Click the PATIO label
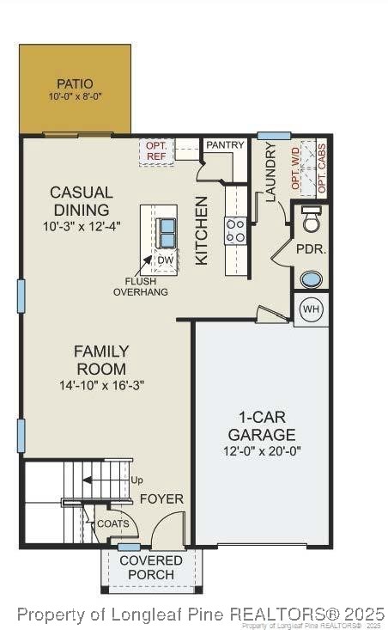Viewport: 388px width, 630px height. click(x=75, y=84)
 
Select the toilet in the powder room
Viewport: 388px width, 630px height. click(x=311, y=220)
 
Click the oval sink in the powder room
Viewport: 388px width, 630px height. click(x=311, y=278)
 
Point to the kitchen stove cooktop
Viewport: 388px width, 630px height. click(x=235, y=229)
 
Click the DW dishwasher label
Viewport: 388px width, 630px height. click(x=165, y=260)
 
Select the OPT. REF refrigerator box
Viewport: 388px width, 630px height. click(x=156, y=151)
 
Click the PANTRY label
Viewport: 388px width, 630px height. click(x=226, y=145)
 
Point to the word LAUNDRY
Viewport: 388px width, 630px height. click(x=271, y=172)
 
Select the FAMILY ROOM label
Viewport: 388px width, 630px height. click(x=100, y=360)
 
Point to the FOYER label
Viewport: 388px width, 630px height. click(x=161, y=498)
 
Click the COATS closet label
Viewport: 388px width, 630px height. click(x=112, y=523)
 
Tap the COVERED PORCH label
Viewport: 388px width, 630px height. click(x=151, y=567)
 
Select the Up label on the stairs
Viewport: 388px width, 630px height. click(x=136, y=480)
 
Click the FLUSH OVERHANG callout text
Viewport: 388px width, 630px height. click(x=140, y=286)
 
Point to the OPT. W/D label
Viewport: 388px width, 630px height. click(x=297, y=168)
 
